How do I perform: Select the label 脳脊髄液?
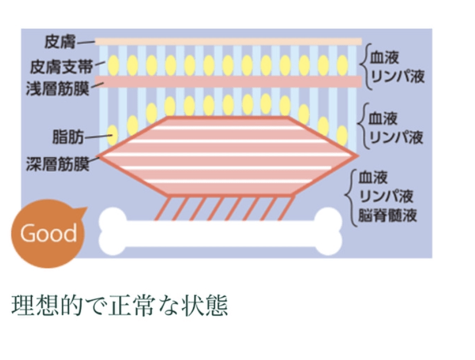coord(388,215)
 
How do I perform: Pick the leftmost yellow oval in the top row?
coord(113,63)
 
